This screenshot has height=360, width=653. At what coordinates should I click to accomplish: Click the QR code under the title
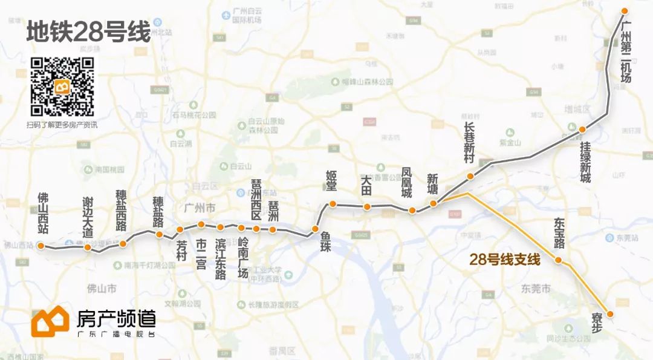pos(62,86)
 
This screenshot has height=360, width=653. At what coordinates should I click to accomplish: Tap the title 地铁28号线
pos(88,33)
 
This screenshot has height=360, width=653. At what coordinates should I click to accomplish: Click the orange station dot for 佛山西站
pos(41,246)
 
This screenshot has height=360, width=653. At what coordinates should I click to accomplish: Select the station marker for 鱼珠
pos(315,229)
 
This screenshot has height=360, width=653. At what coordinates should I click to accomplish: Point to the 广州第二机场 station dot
pos(625,11)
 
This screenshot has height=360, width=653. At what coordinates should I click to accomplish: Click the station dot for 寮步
pos(610,314)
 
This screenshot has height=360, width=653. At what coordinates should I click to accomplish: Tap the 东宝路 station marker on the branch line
pos(559,260)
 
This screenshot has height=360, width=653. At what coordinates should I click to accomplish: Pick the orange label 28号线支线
pos(504,260)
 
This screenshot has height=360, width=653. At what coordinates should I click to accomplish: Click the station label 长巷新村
pos(470,142)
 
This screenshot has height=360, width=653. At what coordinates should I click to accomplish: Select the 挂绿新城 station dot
pos(582,129)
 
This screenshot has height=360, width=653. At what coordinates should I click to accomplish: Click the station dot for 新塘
pos(434,203)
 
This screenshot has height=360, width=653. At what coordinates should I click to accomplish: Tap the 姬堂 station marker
pos(333,204)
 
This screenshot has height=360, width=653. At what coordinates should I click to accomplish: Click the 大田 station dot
pos(367,207)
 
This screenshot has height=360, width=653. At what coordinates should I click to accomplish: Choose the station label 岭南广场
pos(243,258)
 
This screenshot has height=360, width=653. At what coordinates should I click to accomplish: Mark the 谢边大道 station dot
pos(88,247)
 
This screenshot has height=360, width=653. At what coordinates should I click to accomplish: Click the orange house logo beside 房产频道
pos(50,321)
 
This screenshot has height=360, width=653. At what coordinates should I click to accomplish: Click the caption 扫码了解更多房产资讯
pos(62,125)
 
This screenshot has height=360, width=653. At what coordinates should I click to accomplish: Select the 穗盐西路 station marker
pos(123,244)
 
